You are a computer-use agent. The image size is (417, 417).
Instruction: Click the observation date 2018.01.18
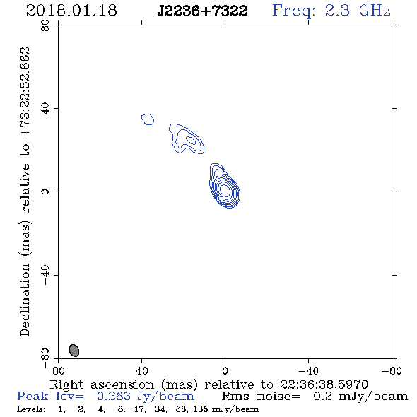(x=71, y=11)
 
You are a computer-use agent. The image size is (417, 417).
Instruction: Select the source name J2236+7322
(x=202, y=11)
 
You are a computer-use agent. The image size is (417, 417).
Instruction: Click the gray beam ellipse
(x=74, y=351)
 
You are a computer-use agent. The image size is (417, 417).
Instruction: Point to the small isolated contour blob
(x=148, y=119)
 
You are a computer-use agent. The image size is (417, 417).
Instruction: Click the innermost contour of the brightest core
(x=225, y=190)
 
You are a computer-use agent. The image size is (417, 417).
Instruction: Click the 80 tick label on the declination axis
(x=45, y=25)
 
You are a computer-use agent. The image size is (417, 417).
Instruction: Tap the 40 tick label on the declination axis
(x=45, y=109)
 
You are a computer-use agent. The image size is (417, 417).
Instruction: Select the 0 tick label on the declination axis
(x=45, y=192)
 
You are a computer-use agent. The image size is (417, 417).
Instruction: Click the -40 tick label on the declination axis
(x=45, y=275)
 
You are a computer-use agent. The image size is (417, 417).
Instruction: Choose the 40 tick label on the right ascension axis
(x=141, y=370)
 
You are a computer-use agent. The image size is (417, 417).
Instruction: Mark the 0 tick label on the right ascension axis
(x=225, y=370)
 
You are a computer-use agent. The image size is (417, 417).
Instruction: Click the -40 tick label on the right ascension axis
(x=308, y=370)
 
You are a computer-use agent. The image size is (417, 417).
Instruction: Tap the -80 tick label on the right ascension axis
(x=392, y=370)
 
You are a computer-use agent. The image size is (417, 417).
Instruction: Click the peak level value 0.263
(x=114, y=397)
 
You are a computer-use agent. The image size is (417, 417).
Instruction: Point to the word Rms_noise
(x=261, y=397)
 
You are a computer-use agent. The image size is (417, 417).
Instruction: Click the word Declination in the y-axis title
(x=25, y=300)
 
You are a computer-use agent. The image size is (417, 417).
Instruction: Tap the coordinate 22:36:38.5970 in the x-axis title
(x=324, y=384)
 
